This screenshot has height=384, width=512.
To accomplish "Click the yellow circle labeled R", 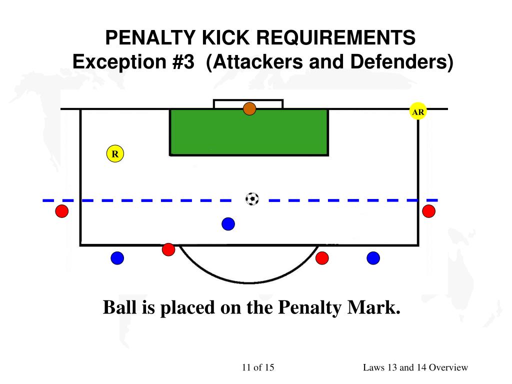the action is point(115,154).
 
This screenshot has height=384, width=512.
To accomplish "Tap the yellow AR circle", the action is point(418,112).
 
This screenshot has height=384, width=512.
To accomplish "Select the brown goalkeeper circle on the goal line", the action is point(249,108).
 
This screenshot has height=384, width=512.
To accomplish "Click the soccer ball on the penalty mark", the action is point(252,199).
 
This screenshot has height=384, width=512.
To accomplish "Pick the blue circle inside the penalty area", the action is point(228,224).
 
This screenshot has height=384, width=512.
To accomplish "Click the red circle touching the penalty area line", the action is point(168,249).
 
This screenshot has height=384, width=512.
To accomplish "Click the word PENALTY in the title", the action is point(145,37).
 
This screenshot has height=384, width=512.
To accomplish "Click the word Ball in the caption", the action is point(119,307).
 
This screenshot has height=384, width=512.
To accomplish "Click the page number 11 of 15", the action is point(258,367).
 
